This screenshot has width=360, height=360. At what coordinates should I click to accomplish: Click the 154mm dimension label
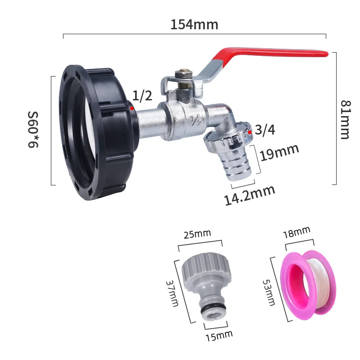click(194, 24)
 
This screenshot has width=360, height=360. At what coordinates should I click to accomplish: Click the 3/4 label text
click(265, 130)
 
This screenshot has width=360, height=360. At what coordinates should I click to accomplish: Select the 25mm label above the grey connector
click(197, 234)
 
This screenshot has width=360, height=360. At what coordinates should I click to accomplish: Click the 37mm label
click(172, 291)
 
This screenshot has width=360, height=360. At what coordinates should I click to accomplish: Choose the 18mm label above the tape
click(297, 233)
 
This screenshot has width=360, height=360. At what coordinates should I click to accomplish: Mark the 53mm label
click(269, 291)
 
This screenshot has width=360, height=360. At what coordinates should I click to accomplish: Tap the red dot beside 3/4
click(250, 132)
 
